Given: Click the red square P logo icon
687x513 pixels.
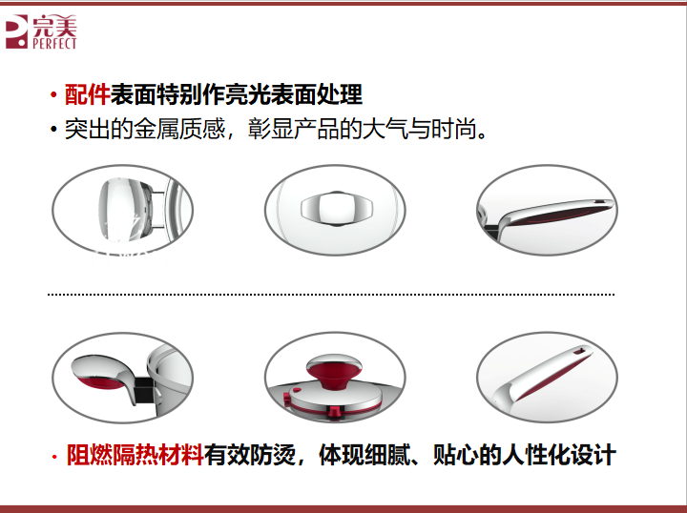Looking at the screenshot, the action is tap(16, 31).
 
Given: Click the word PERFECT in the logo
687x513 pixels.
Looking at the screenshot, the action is tap(54, 43).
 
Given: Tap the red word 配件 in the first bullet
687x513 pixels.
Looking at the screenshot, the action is tap(87, 94).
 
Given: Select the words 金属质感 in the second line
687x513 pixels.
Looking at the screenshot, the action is tap(179, 129).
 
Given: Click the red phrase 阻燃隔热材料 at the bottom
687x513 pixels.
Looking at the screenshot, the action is tap(135, 455).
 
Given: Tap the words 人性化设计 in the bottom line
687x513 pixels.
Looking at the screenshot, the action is tap(559, 455).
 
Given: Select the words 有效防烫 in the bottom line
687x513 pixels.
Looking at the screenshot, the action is tap(250, 455).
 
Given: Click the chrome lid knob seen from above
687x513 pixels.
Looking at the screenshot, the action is tap(336, 209).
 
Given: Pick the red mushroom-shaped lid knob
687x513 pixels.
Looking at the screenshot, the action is tap(334, 371).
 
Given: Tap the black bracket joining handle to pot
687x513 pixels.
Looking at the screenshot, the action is tap(143, 390).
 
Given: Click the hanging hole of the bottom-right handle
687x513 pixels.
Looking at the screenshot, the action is tap(580, 351).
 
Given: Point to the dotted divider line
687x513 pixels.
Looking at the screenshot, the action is tap(331, 295).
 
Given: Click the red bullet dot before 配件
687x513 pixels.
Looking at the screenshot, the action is tap(53, 95).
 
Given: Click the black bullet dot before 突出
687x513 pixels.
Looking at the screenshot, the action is tap(53, 130).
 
